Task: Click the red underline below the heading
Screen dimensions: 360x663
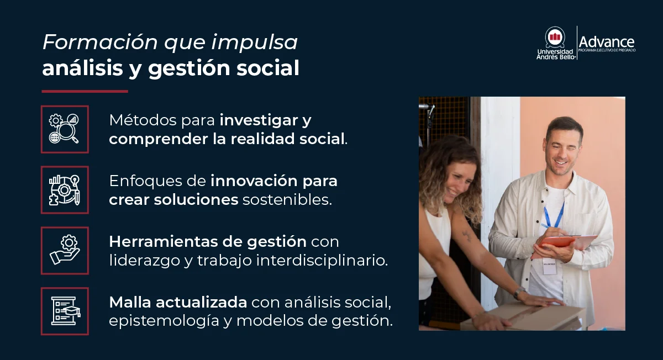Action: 85,91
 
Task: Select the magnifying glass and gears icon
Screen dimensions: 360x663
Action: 65,129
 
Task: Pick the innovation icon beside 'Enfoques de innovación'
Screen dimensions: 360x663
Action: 65,190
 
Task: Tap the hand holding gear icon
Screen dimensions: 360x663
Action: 65,251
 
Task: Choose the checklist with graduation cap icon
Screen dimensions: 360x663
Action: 65,311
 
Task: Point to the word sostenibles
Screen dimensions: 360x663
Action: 287,199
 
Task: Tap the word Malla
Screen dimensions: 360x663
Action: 130,302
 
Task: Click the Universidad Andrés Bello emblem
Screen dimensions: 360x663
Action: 555,38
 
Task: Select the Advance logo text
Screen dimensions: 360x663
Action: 607,42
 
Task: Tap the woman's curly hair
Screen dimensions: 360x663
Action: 450,166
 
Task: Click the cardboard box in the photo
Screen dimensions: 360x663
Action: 525,317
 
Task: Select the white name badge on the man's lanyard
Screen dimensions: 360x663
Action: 548,265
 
